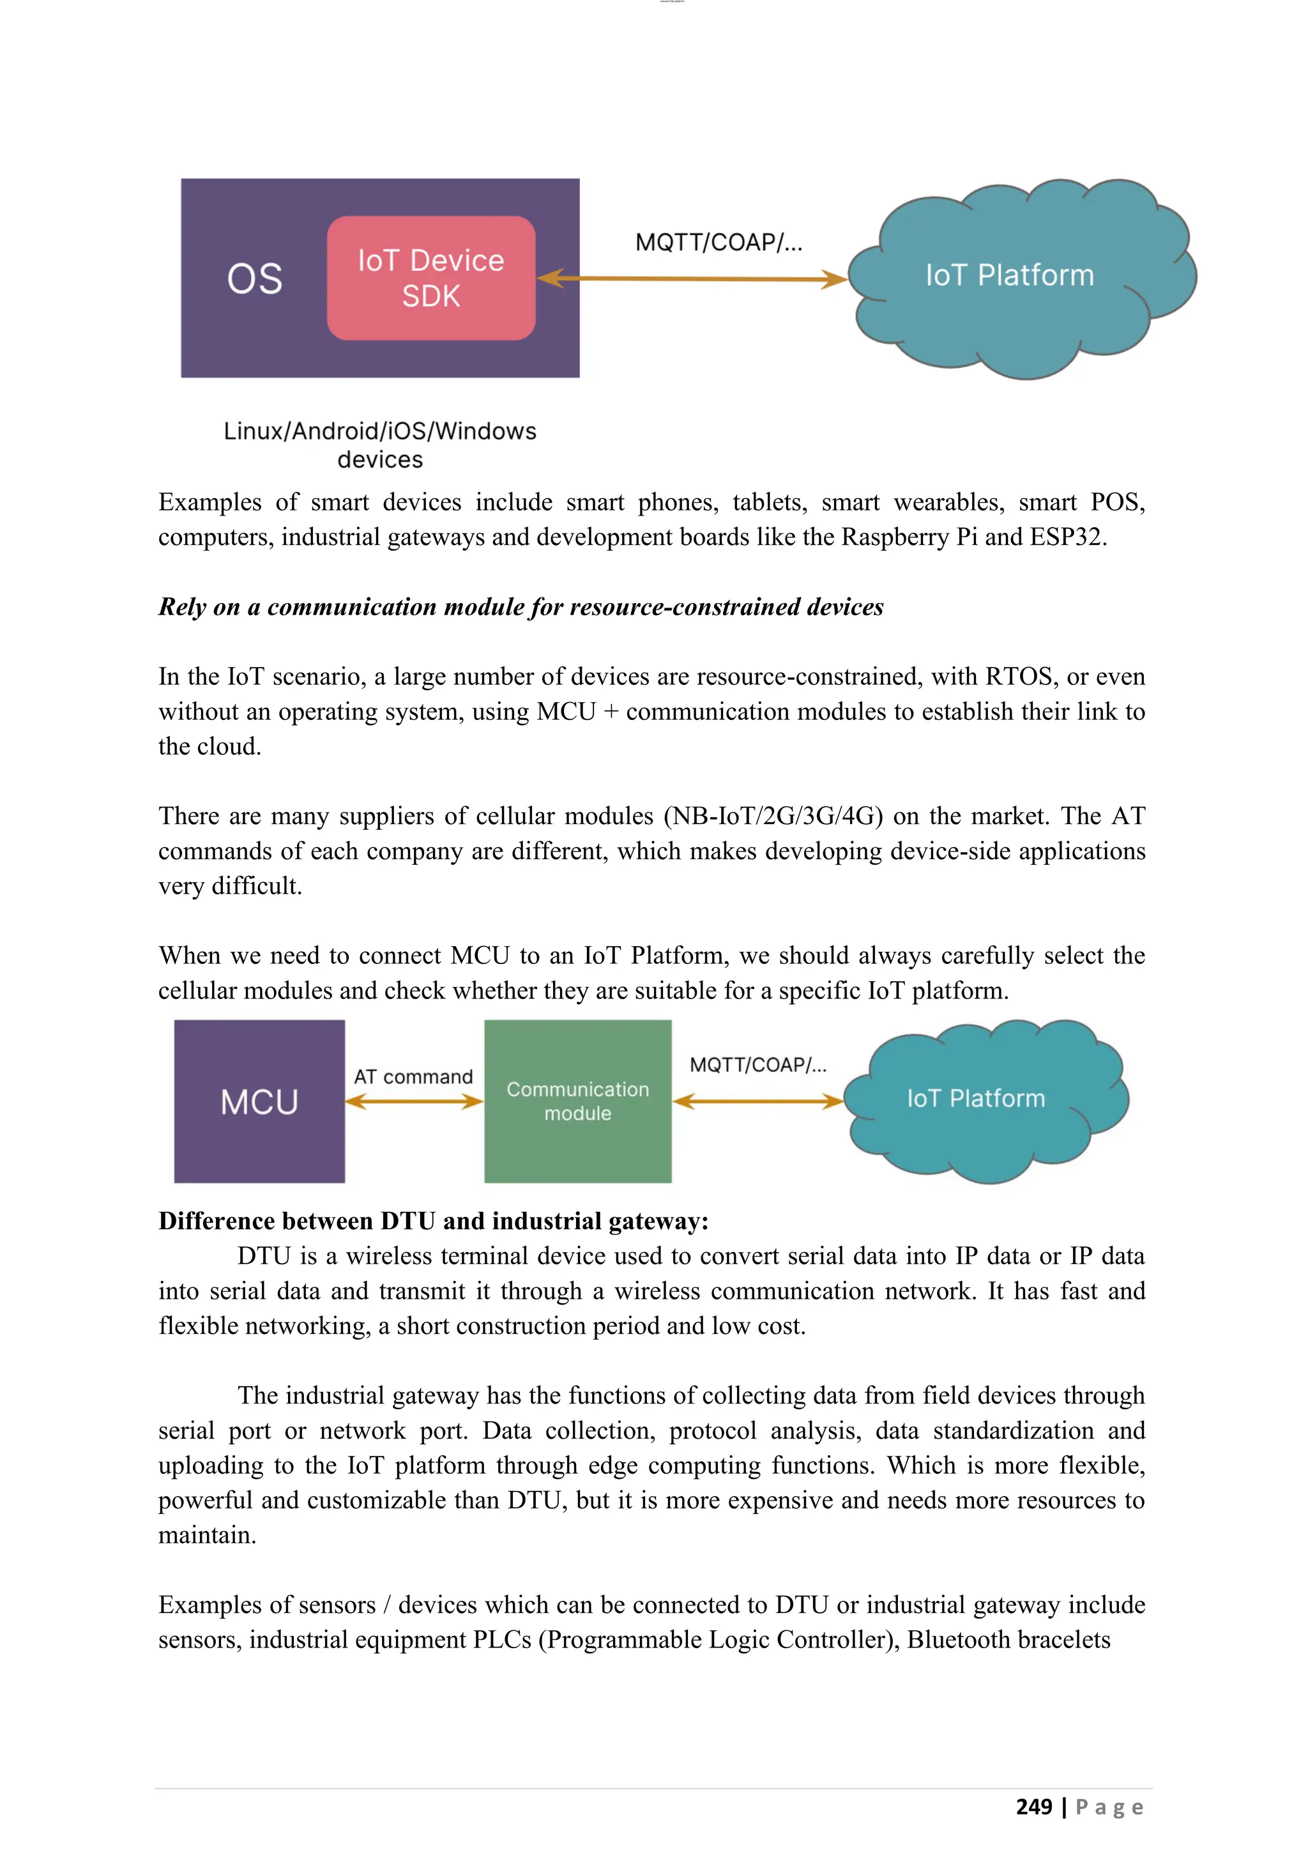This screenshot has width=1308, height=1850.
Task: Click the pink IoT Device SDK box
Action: (431, 278)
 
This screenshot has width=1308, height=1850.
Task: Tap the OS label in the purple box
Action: (255, 279)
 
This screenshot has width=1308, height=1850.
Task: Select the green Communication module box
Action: (577, 1101)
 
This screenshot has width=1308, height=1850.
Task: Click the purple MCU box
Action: (259, 1101)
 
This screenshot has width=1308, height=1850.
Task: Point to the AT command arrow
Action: (414, 1101)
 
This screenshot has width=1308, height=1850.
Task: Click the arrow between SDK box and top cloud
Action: (693, 279)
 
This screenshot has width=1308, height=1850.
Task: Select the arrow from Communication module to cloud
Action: (758, 1101)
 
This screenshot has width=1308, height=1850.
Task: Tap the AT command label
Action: (413, 1076)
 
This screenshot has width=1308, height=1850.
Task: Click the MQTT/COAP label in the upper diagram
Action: (719, 241)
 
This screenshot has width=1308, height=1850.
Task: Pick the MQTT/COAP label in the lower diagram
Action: (758, 1064)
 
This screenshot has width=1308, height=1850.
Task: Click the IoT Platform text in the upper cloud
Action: (1009, 275)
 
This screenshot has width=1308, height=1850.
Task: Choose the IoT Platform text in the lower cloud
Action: (975, 1098)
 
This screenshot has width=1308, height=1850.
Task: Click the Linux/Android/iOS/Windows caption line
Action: (380, 431)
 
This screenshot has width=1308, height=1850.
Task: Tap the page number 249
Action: (1033, 1807)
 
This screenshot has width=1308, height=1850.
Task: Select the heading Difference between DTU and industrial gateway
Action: (433, 1221)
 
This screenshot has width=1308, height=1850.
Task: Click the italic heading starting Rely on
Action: (521, 607)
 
